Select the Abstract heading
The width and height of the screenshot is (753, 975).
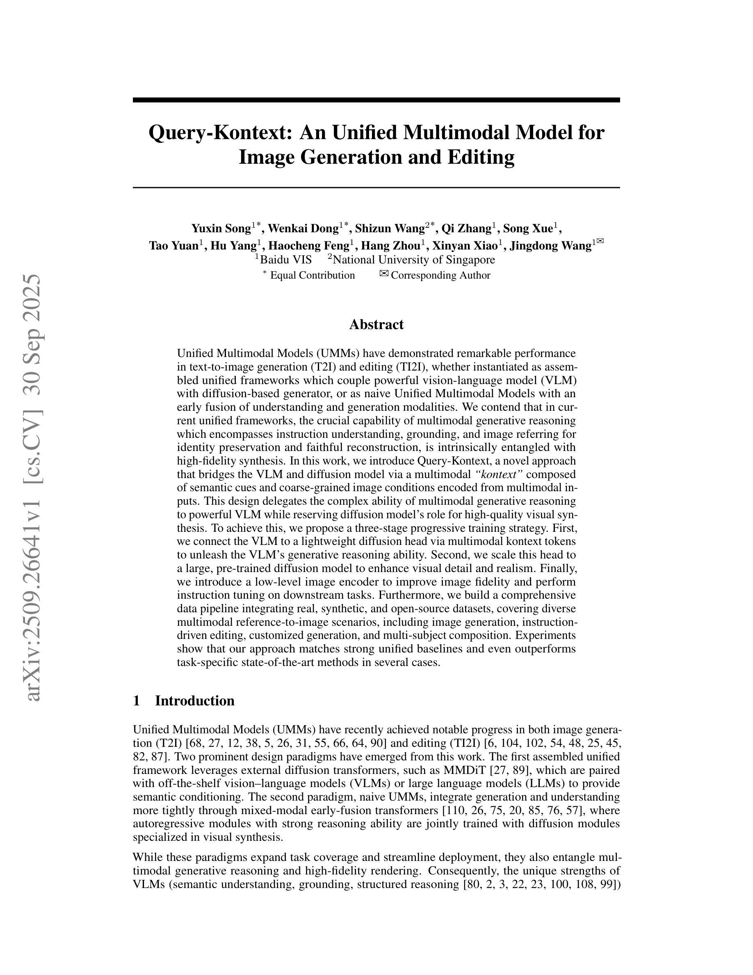[x=376, y=325]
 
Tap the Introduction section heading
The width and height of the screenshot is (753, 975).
[x=194, y=700]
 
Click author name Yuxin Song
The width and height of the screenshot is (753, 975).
[x=221, y=229]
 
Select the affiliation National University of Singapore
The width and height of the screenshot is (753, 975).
[x=413, y=260]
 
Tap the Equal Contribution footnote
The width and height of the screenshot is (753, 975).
[x=312, y=275]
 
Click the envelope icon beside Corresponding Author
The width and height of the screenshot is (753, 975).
[x=383, y=274]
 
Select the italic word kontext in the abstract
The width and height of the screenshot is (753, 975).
[x=498, y=474]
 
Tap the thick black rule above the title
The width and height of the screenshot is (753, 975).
[x=376, y=100]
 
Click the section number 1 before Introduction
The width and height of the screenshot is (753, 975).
[x=137, y=700]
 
